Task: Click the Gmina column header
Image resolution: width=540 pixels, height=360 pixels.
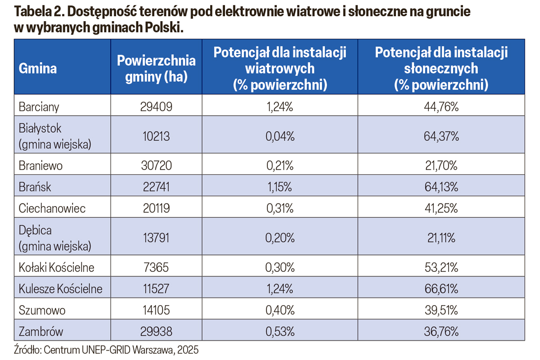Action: pyautogui.click(x=38, y=69)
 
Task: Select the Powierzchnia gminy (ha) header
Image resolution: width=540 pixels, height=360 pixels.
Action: pyautogui.click(x=156, y=69)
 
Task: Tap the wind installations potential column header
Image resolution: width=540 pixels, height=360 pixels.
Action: pyautogui.click(x=279, y=69)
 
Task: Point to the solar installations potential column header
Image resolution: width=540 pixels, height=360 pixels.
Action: pyautogui.click(x=441, y=69)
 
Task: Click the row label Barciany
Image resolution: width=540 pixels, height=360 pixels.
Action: pyautogui.click(x=39, y=107)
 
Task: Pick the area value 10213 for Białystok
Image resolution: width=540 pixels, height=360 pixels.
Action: pyautogui.click(x=156, y=136)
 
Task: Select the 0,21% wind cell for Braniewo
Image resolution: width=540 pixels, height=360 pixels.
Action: pyautogui.click(x=279, y=166)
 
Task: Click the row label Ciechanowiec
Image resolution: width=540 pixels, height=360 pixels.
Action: pyautogui.click(x=52, y=209)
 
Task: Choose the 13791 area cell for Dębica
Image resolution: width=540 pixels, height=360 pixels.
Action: pyautogui.click(x=156, y=238)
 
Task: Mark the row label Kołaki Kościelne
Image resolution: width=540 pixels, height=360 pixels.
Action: pyautogui.click(x=57, y=268)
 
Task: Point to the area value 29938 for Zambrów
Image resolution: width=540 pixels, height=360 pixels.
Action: pyautogui.click(x=156, y=332)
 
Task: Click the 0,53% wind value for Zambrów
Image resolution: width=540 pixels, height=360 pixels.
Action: pyautogui.click(x=279, y=332)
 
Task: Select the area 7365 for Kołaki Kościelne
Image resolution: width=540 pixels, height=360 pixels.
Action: pyautogui.click(x=156, y=268)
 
